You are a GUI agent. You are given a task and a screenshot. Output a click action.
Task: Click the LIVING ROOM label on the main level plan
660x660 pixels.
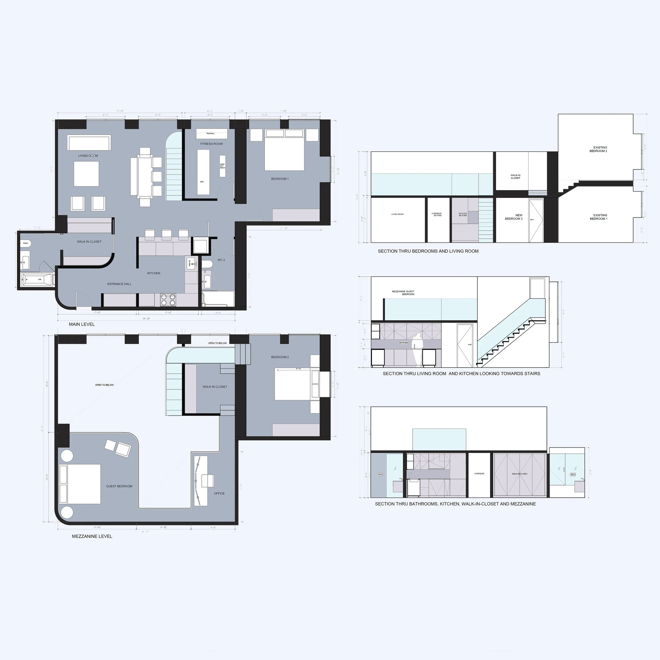88,156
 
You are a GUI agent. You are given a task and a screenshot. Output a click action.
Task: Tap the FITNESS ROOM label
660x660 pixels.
211,144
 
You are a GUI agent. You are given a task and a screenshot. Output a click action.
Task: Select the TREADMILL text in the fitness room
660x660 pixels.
210,134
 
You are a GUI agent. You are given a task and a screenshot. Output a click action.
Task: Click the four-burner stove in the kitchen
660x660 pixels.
168,300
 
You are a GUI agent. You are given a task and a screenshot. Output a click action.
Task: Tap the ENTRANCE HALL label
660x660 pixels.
119,284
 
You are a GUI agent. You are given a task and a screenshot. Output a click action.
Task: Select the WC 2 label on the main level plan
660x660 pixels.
221,260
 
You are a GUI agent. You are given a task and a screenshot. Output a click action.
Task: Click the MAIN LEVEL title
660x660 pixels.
82,324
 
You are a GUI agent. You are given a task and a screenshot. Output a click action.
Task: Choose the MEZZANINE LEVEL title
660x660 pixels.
92,536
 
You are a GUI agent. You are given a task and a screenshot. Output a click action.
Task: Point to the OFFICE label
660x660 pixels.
219,493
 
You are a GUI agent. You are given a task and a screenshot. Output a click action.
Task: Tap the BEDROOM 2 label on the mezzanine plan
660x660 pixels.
280,357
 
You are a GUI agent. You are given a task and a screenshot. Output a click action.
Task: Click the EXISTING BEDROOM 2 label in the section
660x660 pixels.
600,149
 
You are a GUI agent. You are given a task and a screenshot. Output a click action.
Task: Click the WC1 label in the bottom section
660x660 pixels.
573,474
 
